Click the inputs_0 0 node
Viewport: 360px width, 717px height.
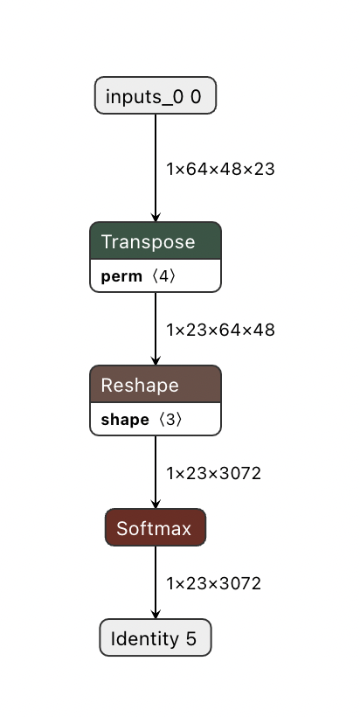155,96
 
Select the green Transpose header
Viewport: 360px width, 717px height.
156,241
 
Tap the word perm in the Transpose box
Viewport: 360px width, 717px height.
121,276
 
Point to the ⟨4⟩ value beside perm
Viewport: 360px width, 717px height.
163,276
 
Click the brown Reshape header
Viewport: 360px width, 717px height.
156,385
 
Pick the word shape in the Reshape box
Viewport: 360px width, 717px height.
124,420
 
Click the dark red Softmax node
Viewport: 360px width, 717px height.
155,528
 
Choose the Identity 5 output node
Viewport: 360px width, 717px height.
155,638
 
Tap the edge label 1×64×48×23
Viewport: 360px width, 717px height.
220,169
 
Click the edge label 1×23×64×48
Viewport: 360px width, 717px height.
220,330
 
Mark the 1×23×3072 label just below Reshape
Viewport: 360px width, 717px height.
213,473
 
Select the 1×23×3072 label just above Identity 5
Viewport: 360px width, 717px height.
213,582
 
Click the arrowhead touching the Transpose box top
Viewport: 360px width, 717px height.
156,217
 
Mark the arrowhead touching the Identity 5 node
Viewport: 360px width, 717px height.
156,614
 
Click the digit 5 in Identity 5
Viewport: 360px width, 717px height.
190,638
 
